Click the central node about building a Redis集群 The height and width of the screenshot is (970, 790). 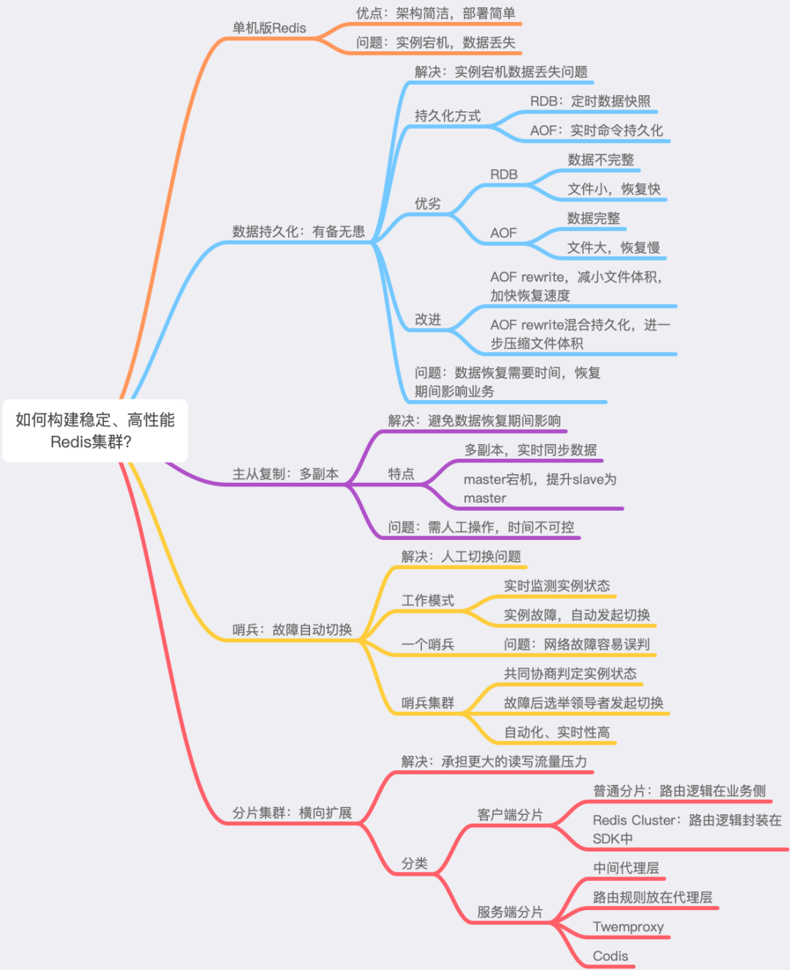(x=95, y=430)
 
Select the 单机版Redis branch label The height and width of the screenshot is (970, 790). (x=269, y=29)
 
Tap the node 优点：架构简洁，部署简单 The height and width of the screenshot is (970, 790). (x=435, y=14)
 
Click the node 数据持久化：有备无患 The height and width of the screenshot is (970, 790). (x=298, y=232)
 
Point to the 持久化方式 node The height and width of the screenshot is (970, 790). (x=448, y=116)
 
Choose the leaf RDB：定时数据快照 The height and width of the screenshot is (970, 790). (x=590, y=101)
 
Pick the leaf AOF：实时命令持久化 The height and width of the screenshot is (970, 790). (x=596, y=130)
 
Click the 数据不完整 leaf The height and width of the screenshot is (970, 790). (x=601, y=159)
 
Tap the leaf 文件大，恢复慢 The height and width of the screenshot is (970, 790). (x=614, y=247)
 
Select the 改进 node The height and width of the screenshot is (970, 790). (x=428, y=320)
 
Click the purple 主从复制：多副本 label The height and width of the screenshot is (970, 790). (x=285, y=474)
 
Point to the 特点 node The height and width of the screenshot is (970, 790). (x=401, y=474)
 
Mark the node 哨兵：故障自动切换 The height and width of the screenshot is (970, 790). (x=292, y=630)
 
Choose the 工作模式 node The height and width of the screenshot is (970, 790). (x=428, y=601)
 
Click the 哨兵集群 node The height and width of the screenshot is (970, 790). (x=428, y=703)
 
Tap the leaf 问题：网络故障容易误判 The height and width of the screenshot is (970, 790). (x=576, y=644)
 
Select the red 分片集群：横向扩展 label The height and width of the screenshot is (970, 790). (x=292, y=813)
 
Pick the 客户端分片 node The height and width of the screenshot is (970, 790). (x=510, y=815)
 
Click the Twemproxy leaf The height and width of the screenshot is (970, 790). (x=628, y=927)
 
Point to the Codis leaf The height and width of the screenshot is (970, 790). (x=611, y=956)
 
